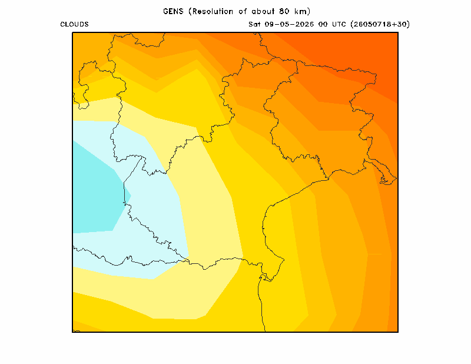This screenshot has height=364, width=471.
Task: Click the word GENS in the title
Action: [x=173, y=11]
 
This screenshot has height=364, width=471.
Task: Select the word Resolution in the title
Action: [x=213, y=11]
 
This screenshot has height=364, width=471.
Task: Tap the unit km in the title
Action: [x=301, y=11]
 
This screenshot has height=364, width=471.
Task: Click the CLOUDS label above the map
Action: [x=75, y=24]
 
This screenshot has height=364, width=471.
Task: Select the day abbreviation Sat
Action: [x=254, y=24]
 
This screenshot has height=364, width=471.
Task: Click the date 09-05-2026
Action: [x=289, y=24]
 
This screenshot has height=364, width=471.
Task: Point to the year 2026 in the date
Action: [x=304, y=24]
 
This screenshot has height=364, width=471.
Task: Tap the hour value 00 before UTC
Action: [x=323, y=24]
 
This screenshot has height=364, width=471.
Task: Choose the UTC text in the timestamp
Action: [x=339, y=24]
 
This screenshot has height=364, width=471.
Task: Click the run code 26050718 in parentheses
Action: [x=373, y=24]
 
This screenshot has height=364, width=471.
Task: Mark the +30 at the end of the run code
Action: [x=400, y=24]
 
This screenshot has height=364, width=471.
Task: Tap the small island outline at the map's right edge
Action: [x=388, y=179]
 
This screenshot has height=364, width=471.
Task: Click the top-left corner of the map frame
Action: [x=72, y=32]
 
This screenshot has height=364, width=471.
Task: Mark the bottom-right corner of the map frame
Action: [x=398, y=332]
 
